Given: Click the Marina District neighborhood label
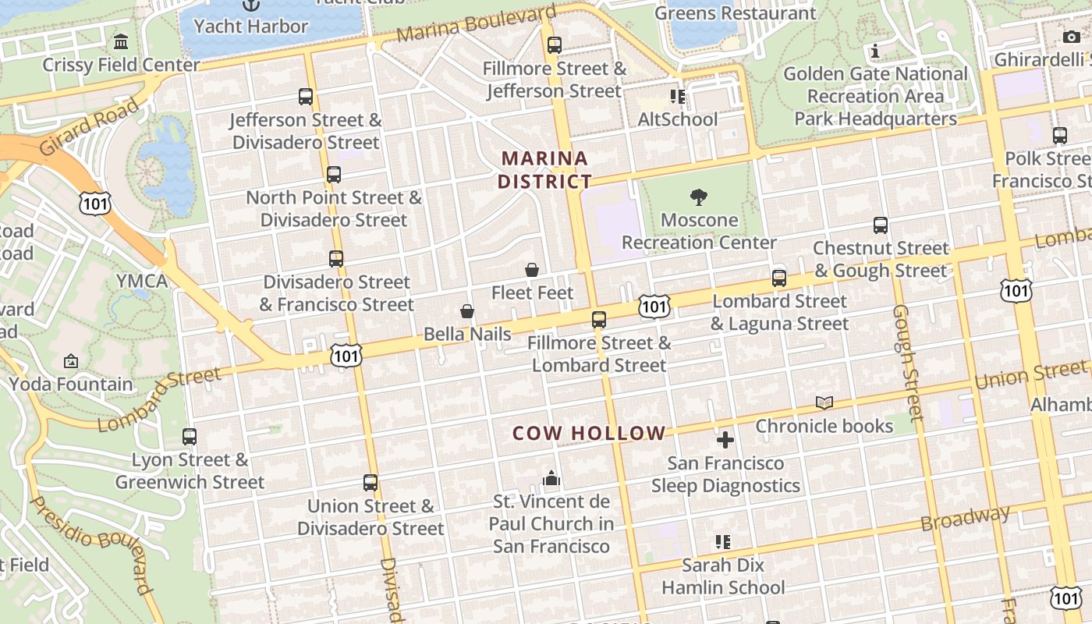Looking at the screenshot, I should coord(544,170).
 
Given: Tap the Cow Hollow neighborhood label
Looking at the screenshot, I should coord(589,434).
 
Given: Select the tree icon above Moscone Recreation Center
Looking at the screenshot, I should coord(699,197).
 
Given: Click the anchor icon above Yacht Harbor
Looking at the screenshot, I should coord(250,5).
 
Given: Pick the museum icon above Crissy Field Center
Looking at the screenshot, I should coord(121,41).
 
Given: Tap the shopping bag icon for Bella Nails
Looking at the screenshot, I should coord(467,312).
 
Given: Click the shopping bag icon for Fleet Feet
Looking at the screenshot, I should coord(532,271).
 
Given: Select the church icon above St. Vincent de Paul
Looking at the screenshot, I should coord(551,478).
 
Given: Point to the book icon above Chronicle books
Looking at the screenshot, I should coord(824,403).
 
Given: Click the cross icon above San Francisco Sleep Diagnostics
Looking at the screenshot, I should coord(725,440).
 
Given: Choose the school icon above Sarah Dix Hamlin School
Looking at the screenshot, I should coord(722,541).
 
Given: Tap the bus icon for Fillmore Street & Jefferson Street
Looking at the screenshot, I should coord(555,45).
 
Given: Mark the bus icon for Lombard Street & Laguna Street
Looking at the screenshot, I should coord(778,278).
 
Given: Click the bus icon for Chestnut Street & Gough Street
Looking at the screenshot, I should coord(881,225).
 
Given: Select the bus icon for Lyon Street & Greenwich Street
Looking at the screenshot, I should coord(190,437).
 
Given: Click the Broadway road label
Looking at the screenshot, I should coord(965,519).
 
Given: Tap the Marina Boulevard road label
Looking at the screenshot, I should coord(476,25).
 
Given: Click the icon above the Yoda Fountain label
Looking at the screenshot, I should coord(71,361).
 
